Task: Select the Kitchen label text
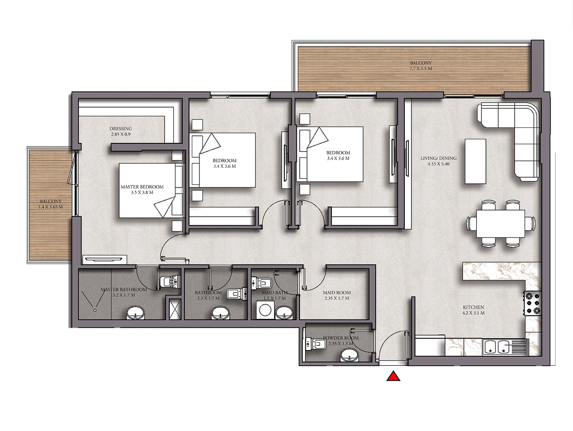pos(473,307)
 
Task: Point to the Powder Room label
pos(341,338)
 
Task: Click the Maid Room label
pos(337,293)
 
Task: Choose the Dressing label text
pos(121,129)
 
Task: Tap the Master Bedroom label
pos(142,187)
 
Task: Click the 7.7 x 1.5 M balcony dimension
pos(420,69)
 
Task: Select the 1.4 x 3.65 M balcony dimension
pos(51,207)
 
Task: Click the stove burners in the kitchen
pos(532,303)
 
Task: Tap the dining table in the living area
pos(500,224)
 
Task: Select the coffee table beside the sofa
pos(475,161)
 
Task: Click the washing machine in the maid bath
pos(265,310)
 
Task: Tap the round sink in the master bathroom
pos(135,313)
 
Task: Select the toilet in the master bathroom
pos(170,282)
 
